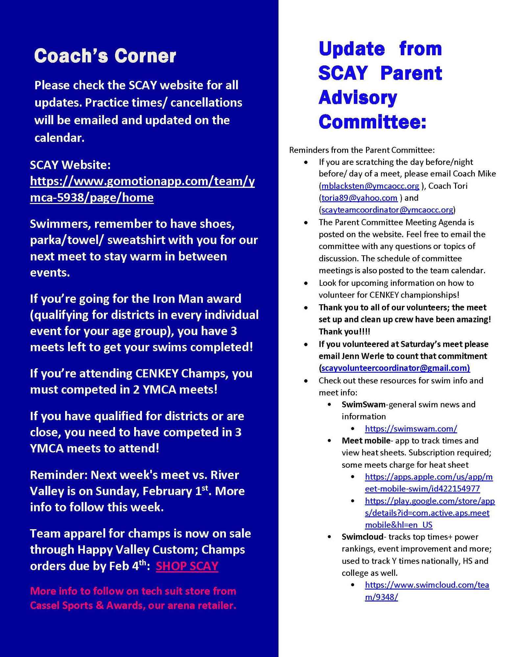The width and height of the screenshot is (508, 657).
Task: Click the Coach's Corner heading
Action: [x=105, y=56]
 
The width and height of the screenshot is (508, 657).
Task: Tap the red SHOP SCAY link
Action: [x=187, y=566]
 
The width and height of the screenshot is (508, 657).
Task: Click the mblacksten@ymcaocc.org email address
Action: [x=370, y=186]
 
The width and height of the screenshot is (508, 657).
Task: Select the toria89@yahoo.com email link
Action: [x=359, y=198]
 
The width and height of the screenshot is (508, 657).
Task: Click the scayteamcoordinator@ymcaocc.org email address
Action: [x=387, y=210]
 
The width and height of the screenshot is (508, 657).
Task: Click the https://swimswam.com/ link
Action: [x=411, y=429]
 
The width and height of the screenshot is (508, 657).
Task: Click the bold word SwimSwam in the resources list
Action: [x=363, y=404]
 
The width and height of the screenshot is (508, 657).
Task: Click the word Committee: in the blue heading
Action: [x=372, y=122]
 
